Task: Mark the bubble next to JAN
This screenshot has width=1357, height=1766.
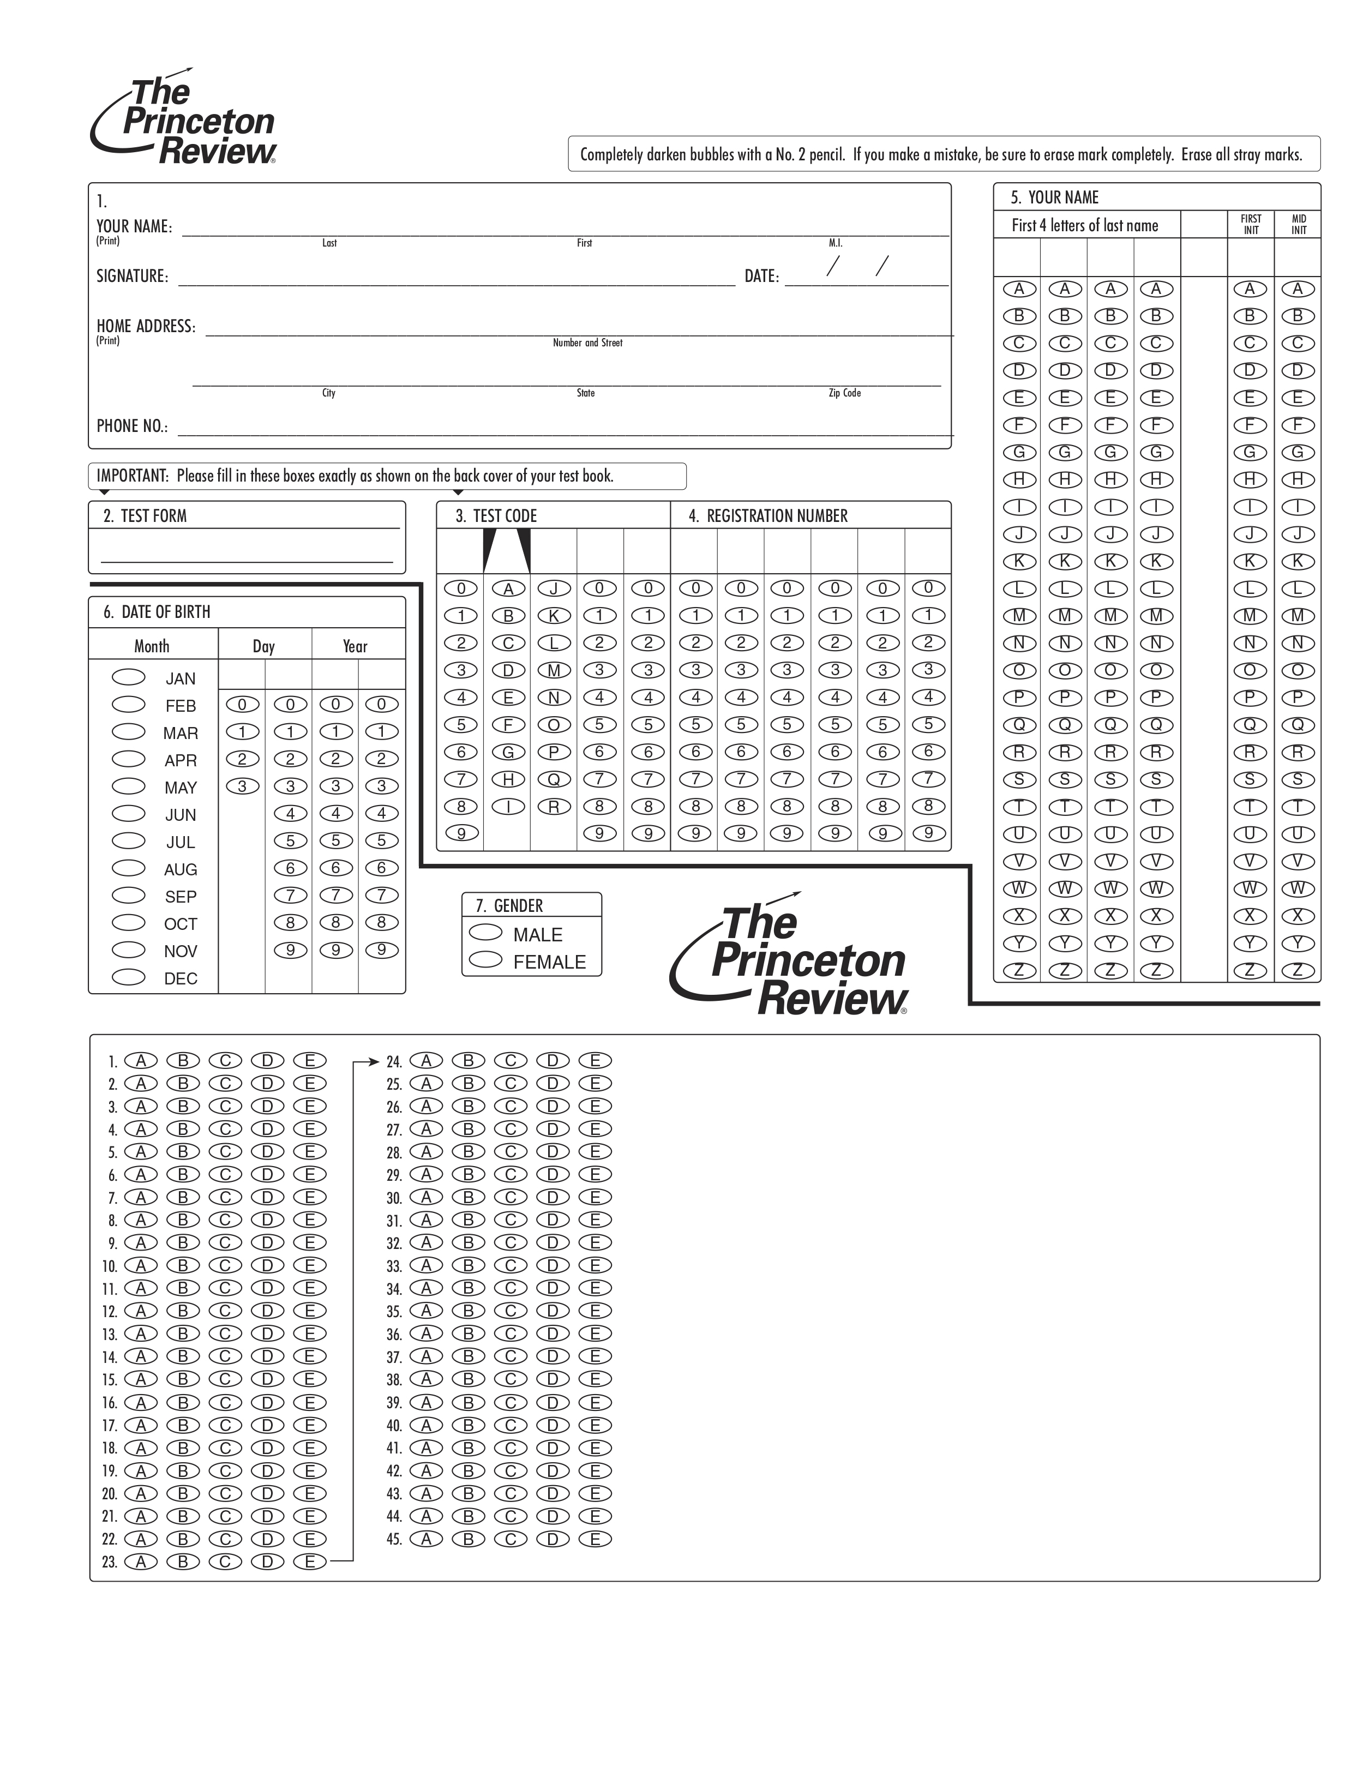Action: click(x=128, y=677)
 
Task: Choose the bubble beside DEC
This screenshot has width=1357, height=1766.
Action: click(x=128, y=977)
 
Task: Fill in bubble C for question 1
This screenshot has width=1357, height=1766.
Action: click(x=225, y=1060)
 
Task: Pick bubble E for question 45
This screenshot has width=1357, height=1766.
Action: click(x=595, y=1539)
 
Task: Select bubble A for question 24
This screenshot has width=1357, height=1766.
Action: click(x=427, y=1060)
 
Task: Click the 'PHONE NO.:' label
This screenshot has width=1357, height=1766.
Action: click(x=131, y=427)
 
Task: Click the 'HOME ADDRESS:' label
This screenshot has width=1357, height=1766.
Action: click(x=146, y=326)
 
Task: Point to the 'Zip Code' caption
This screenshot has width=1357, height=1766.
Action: click(x=844, y=393)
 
